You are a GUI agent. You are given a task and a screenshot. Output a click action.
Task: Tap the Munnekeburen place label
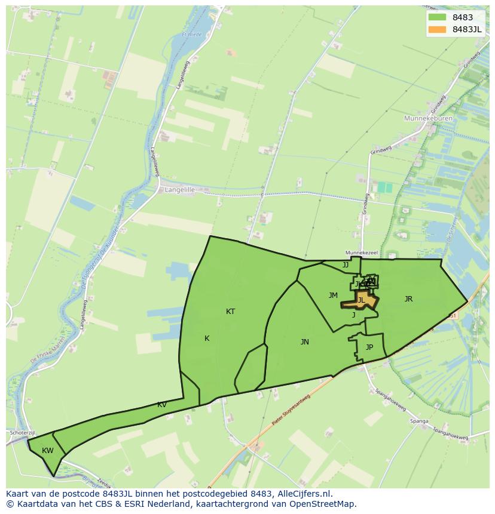coord(429,119)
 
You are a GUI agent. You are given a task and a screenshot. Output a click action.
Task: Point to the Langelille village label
coord(179,190)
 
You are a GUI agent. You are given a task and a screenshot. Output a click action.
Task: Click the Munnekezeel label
coord(362,253)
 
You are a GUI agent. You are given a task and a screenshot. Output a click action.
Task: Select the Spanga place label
coord(419,421)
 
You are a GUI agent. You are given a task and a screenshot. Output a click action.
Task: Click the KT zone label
coord(230,312)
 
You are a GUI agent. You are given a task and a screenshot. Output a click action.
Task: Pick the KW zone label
coord(48,451)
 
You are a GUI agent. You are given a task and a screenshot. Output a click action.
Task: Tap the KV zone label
coord(162,405)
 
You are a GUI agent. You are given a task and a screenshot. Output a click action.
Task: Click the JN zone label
coord(305,342)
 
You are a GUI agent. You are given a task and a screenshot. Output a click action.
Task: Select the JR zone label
coord(408,299)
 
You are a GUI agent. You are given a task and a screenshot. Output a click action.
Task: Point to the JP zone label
coord(369,347)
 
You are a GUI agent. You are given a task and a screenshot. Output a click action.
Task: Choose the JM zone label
coord(333,296)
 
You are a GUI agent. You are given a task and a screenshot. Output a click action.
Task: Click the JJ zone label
coord(346,264)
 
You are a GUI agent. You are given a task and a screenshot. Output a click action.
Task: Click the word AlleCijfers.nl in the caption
coord(304,494)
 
